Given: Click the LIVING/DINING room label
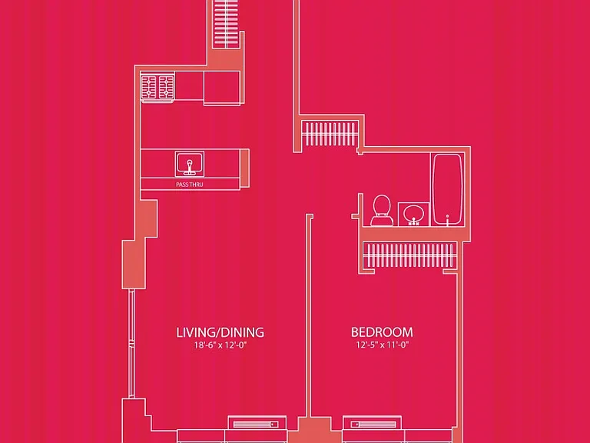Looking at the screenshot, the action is tap(220, 332).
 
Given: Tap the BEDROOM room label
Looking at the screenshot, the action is tap(382, 332).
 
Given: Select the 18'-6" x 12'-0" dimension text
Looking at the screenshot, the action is tap(220, 345).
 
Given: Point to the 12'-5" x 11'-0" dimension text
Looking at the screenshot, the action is tap(383, 345).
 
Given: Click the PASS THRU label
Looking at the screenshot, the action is tap(189, 185).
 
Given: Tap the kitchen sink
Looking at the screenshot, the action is tap(190, 164).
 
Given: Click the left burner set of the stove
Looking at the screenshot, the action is tap(149, 87).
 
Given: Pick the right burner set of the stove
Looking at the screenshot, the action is tap(166, 87).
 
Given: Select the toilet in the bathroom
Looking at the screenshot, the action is tap(382, 210).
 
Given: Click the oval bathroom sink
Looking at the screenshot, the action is tap(413, 214).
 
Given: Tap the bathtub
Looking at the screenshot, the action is tap(447, 189).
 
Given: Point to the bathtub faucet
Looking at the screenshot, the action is tap(447, 220).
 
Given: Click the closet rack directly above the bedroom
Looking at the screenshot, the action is tap(409, 255).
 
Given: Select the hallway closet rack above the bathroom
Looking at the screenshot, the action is tap(330, 134).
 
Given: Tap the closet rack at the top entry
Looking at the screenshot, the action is tap(226, 23).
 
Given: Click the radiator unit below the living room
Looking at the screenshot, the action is tap(257, 424).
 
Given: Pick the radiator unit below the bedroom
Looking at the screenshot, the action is tap(372, 424).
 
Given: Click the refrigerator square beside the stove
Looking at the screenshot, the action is tap(222, 88).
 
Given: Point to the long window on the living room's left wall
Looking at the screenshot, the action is tap(131, 344).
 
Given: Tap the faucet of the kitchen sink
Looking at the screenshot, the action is tap(190, 167).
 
